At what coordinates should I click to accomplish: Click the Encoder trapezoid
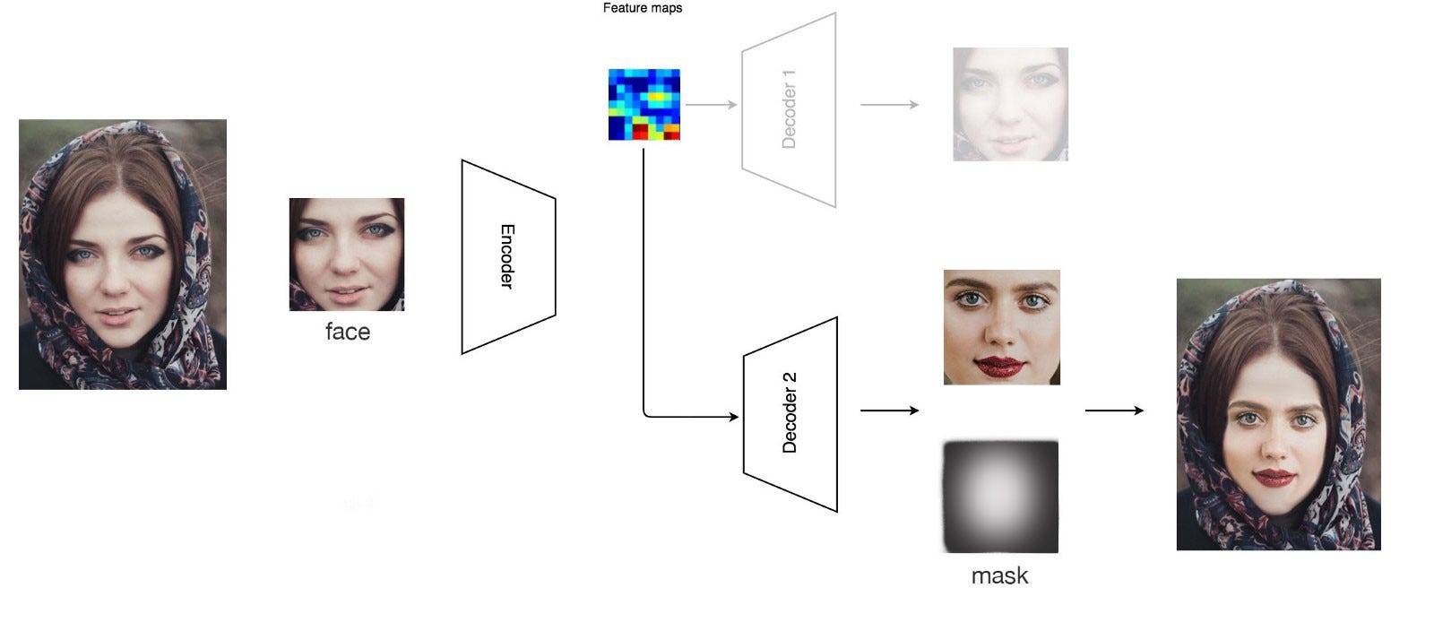[508, 256]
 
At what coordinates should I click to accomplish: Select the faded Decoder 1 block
[789, 109]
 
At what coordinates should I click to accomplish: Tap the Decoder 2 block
[790, 414]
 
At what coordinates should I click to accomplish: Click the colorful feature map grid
[644, 104]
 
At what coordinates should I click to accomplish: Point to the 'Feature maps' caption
[643, 8]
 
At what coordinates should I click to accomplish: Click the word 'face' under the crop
[347, 332]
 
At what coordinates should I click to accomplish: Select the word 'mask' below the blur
[999, 575]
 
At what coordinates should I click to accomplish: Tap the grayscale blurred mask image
[1000, 496]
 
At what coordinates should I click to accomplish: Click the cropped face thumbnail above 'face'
[347, 255]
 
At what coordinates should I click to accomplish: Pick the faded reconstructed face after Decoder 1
[1010, 104]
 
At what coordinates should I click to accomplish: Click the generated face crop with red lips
[1001, 327]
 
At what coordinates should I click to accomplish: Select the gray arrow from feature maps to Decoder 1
[711, 105]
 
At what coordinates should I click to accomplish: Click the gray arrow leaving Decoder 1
[889, 105]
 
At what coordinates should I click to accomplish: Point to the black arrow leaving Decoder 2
[889, 411]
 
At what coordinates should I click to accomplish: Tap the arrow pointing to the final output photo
[1114, 411]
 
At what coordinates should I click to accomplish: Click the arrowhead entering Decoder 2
[734, 417]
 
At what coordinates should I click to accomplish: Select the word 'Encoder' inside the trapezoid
[507, 256]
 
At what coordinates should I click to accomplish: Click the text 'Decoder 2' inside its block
[790, 413]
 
